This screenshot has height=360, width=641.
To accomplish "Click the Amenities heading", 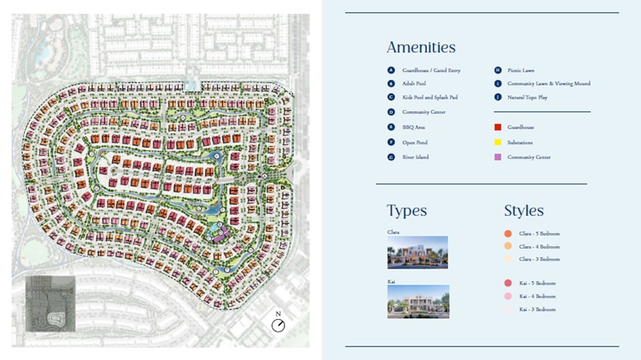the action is (421, 47).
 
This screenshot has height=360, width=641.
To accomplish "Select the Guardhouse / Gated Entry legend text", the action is (431, 71).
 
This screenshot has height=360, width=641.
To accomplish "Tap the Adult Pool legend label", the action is (413, 83).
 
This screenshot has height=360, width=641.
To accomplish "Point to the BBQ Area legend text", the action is (413, 127).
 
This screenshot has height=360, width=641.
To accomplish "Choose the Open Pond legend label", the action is (413, 142).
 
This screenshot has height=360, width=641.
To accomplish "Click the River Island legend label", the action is (415, 157).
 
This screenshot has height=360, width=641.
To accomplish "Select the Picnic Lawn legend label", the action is (519, 71).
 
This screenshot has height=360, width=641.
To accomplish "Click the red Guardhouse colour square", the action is (498, 127).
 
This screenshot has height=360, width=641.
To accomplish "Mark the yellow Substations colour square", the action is (498, 142).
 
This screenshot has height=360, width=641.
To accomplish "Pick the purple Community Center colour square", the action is (498, 157).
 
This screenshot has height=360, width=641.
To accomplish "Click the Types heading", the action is (406, 211).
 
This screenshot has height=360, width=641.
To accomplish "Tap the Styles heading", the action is (524, 211).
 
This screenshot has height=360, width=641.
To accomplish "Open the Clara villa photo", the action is (417, 253).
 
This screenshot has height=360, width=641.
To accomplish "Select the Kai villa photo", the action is (417, 302).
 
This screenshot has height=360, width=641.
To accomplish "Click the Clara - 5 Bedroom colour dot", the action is (508, 234).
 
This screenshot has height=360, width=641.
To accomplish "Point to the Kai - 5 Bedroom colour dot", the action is (508, 283).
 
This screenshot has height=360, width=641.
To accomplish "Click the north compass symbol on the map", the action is (278, 325).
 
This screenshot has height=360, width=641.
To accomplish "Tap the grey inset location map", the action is (50, 303).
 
